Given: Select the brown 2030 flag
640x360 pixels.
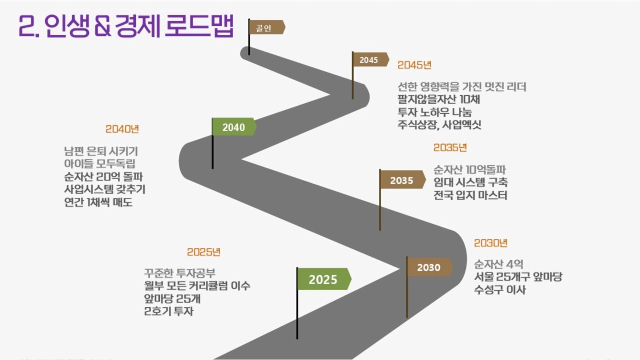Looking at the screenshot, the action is (429, 267).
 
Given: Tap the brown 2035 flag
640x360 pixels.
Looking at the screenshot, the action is (403, 179).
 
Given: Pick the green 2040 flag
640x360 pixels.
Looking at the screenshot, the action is (234, 126).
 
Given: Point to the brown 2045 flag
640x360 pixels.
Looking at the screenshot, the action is (371, 59).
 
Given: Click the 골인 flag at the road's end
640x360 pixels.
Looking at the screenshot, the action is (267, 27).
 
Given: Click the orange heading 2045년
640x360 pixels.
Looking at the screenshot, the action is (414, 65).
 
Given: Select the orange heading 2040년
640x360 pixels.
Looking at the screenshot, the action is (122, 129).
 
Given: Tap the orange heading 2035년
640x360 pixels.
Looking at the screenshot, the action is (451, 147).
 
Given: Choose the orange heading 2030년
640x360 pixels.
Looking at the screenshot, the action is (491, 243).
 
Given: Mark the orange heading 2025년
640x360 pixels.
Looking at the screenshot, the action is (204, 252).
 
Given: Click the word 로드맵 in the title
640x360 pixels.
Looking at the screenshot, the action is (199, 26).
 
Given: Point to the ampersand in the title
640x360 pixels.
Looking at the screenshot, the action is (103, 26).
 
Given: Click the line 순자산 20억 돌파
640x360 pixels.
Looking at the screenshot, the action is (104, 177).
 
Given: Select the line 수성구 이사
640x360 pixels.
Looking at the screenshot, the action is (499, 289).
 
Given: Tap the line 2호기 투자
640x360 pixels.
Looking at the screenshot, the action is (169, 311).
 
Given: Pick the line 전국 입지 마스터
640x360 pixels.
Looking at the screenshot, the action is (471, 195).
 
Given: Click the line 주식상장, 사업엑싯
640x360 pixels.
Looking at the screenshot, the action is (439, 125).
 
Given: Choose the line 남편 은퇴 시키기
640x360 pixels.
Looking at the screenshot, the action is (101, 151).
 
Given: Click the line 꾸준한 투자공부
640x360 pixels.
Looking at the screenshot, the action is (179, 273).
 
